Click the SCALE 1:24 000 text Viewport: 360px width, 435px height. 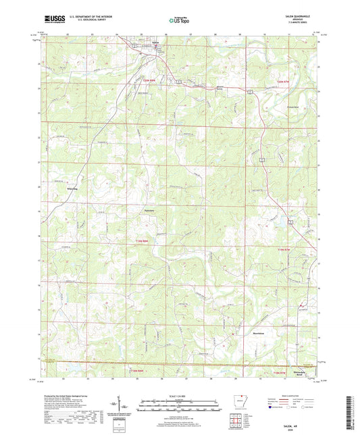pyautogui.click(x=180, y=396)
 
